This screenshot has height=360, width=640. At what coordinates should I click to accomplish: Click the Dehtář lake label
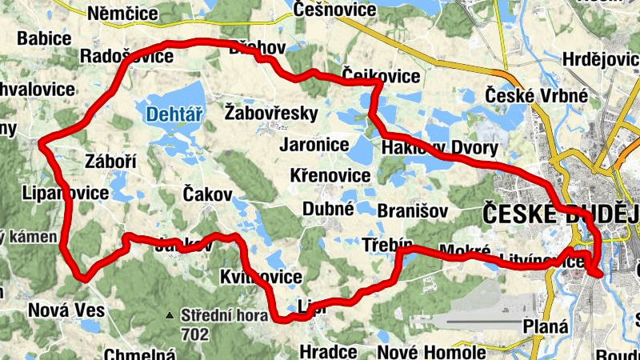click(172, 115)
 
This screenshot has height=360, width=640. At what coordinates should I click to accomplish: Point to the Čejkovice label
click(381, 76)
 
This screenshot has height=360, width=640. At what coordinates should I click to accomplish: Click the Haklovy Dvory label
click(439, 148)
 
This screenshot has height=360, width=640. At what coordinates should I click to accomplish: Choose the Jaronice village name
click(314, 145)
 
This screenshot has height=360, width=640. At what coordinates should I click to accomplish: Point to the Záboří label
click(110, 162)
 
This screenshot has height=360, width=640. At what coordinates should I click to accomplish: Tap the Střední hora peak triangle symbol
click(170, 316)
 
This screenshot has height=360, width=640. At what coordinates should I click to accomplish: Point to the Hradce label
click(328, 352)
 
